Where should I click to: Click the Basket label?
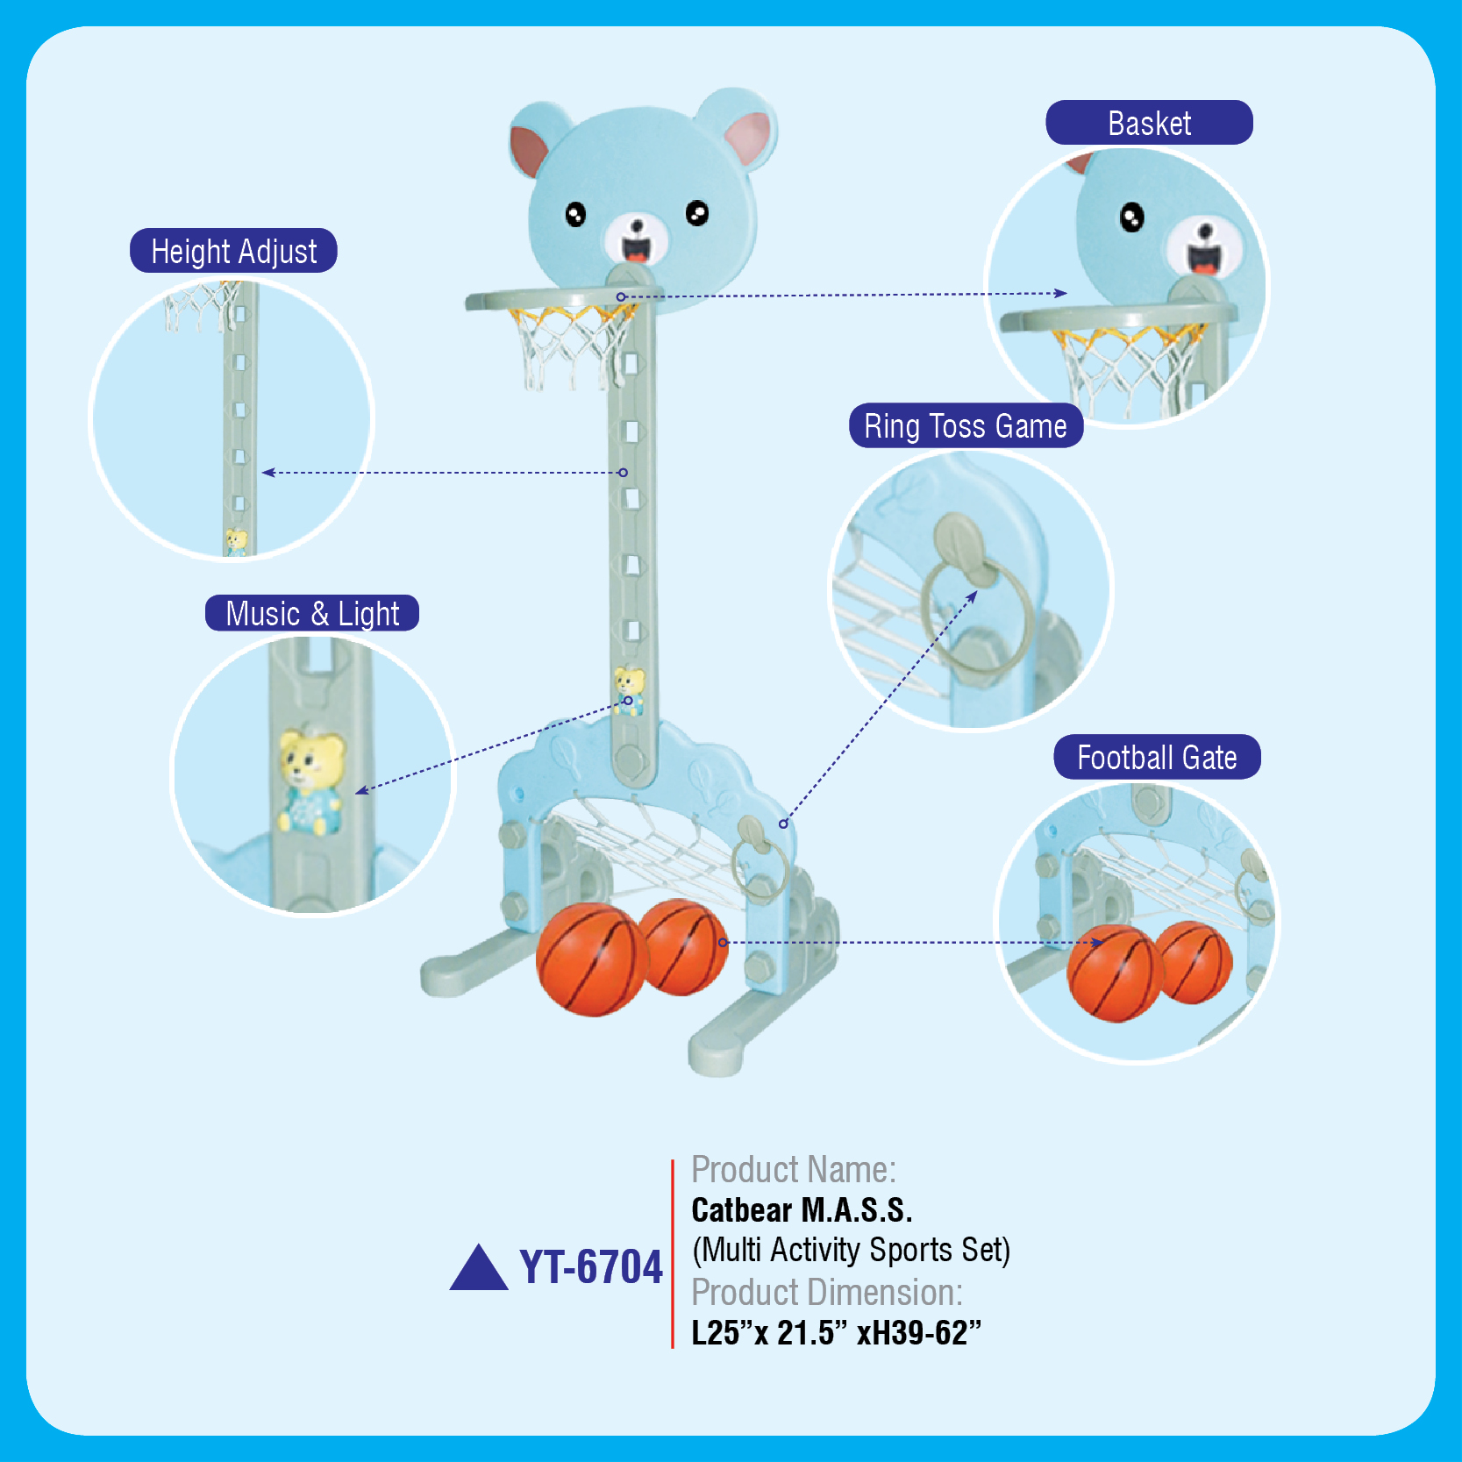1149,123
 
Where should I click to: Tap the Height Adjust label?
233,251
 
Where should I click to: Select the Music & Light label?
312,613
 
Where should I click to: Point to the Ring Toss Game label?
966,426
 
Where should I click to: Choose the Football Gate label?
1157,757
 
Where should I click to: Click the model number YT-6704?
591,1267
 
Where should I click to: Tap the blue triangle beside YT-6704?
479,1270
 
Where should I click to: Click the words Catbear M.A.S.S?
802,1210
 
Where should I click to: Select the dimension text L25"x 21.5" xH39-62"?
836,1332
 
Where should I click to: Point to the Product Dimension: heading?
826,1292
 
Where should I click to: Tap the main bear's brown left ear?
529,149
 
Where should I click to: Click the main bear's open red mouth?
637,251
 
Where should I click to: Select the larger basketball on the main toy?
591,960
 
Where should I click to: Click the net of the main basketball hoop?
570,346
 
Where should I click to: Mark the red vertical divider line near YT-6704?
673,1253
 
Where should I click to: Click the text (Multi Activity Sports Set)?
851,1250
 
